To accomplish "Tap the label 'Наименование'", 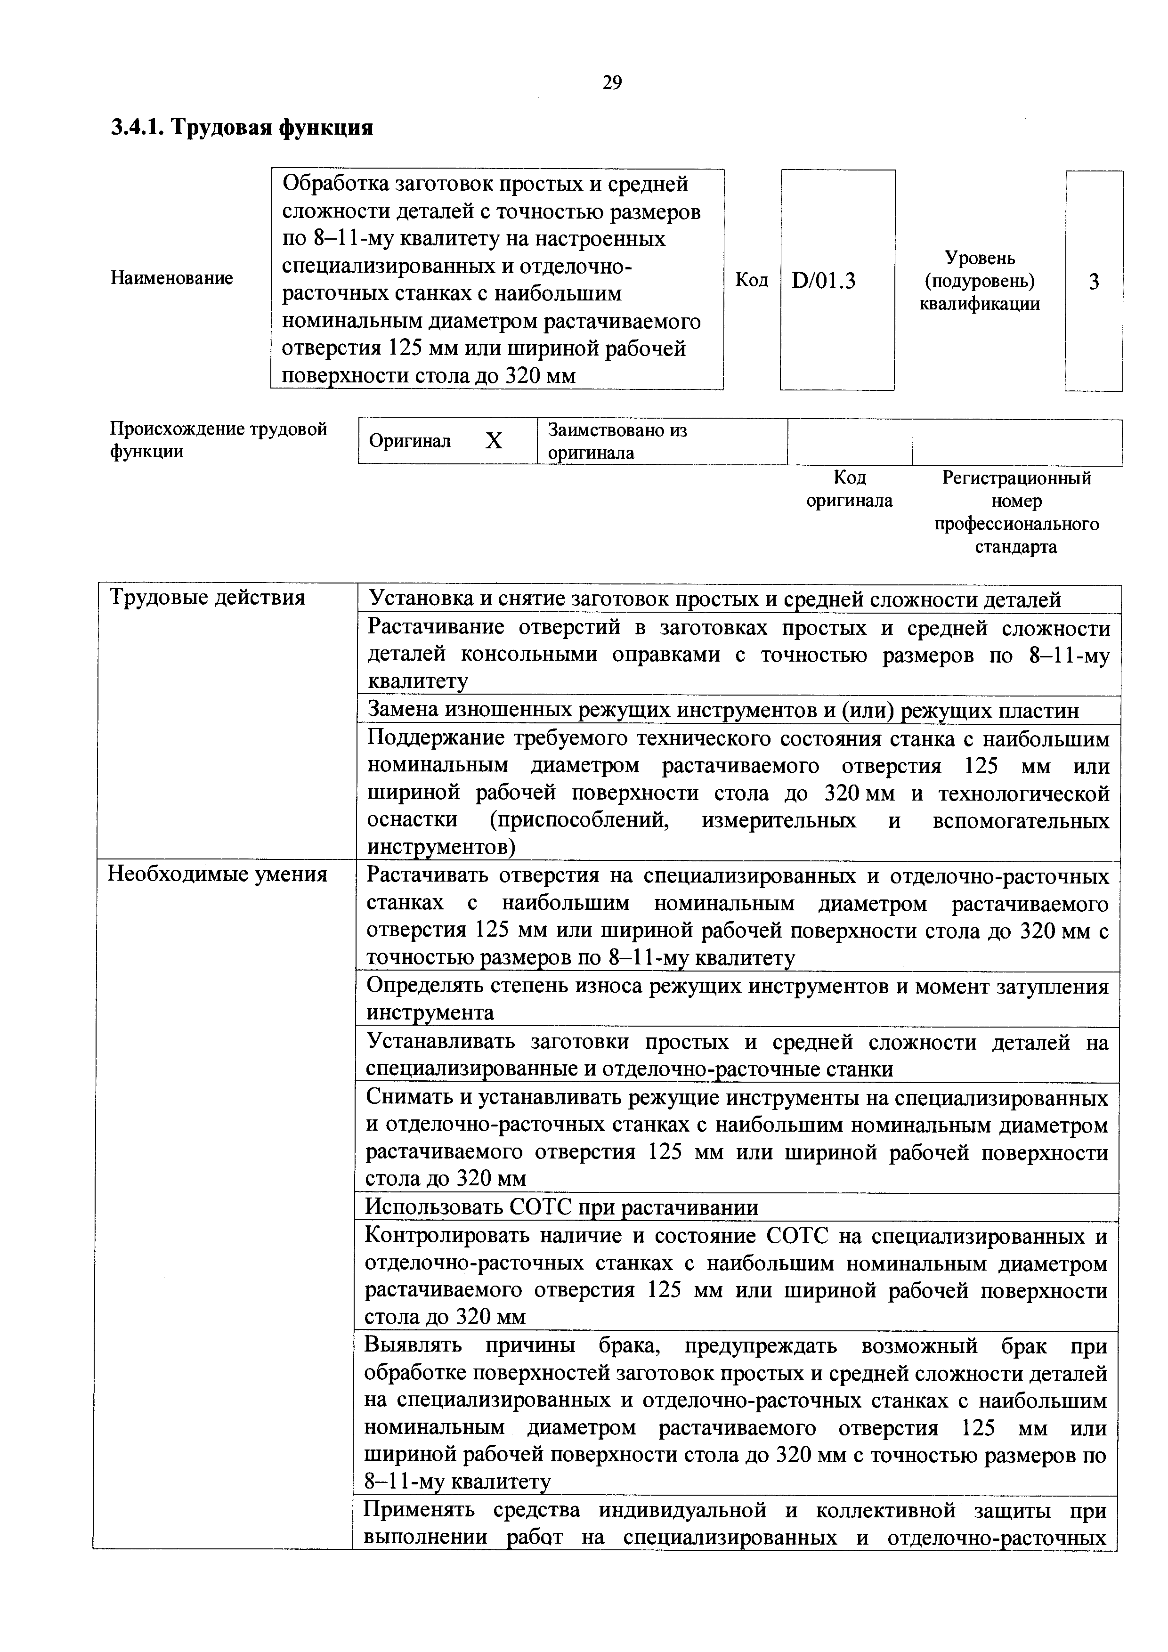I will point(171,278).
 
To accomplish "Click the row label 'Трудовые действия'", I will point(207,598).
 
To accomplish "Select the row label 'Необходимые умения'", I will point(217,874).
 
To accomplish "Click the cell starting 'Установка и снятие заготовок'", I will point(714,599).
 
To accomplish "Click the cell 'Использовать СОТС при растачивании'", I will point(561,1207).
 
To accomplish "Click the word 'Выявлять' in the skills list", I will point(413,1345).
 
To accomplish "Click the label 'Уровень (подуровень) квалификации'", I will point(980,281).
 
